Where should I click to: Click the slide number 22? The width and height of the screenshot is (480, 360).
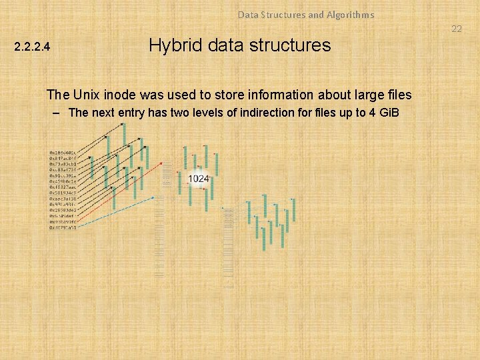pyautogui.click(x=457, y=29)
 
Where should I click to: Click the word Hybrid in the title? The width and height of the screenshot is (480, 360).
pyautogui.click(x=171, y=45)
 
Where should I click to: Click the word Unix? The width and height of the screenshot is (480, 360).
pyautogui.click(x=85, y=95)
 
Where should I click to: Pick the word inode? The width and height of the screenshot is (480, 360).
pyautogui.click(x=123, y=95)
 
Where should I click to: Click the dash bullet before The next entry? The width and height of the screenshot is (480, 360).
pyautogui.click(x=58, y=113)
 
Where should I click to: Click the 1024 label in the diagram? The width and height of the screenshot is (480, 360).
pyautogui.click(x=199, y=179)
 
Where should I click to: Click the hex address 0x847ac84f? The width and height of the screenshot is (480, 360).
pyautogui.click(x=63, y=158)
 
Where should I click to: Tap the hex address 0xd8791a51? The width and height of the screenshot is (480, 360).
pyautogui.click(x=63, y=227)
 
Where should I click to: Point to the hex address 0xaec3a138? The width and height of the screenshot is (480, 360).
pyautogui.click(x=63, y=199)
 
